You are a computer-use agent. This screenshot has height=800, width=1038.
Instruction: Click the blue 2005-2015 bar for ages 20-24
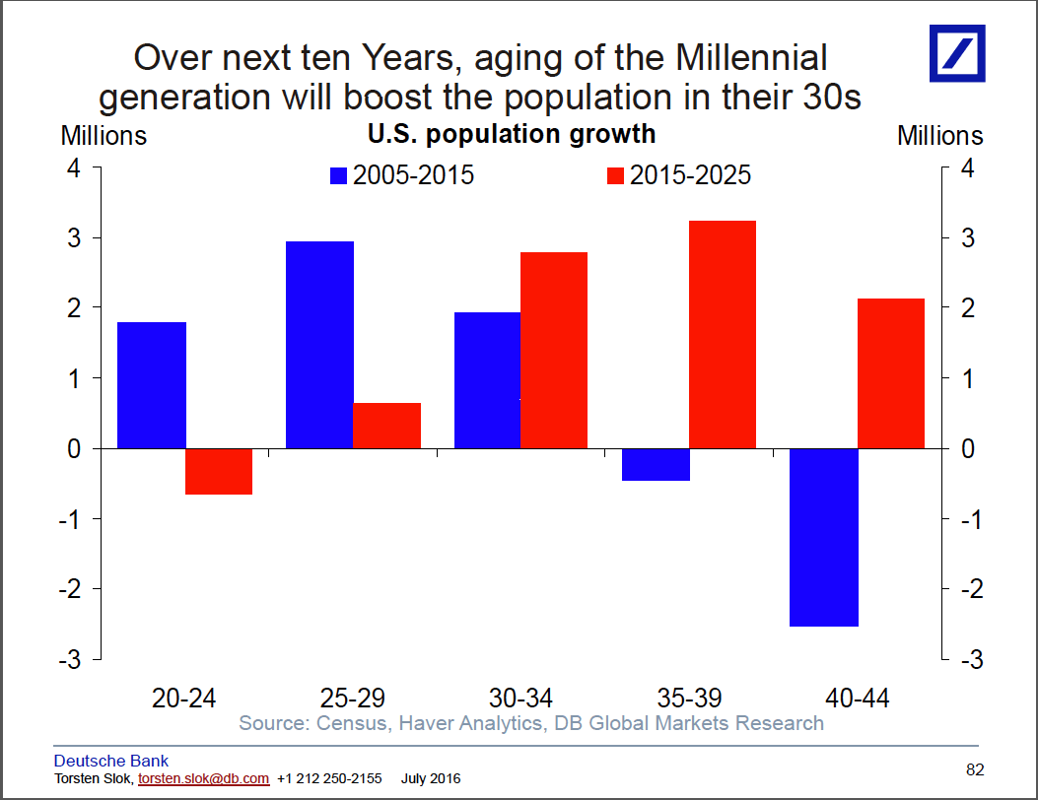152,385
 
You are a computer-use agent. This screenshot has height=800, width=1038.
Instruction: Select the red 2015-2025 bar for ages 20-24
219,471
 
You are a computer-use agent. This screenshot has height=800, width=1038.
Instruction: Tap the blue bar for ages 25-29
319,345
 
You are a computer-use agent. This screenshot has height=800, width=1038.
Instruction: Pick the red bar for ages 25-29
386,426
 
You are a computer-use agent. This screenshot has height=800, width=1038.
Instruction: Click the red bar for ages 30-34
554,350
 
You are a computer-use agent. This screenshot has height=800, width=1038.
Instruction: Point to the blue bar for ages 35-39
656,465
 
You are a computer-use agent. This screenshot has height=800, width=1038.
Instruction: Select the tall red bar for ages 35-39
723,334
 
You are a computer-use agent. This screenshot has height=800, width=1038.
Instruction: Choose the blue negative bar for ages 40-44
824,537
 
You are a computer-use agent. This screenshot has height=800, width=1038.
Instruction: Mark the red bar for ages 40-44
891,373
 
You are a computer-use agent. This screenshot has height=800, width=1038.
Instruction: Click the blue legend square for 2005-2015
339,176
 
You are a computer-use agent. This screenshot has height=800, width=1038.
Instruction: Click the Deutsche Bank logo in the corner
957,52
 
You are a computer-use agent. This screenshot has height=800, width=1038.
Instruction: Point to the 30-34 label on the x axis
519,699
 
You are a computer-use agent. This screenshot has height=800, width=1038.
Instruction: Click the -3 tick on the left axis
72,659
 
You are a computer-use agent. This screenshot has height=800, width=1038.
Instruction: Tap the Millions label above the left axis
104,135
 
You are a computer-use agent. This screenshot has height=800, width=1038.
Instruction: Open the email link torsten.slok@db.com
203,778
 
